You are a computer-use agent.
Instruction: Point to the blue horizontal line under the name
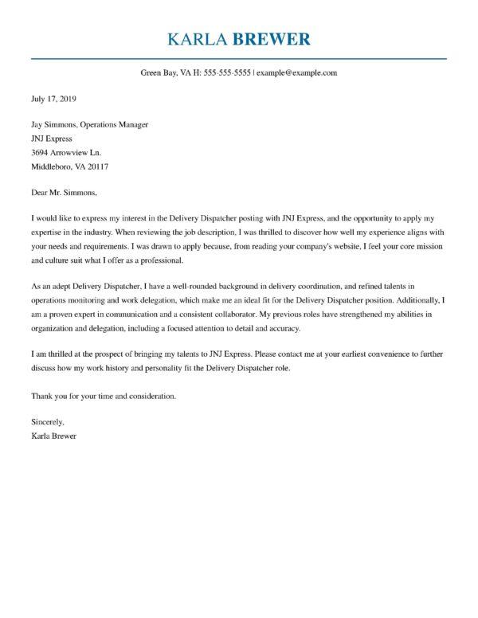coord(239,58)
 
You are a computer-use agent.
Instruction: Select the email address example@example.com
coord(297,72)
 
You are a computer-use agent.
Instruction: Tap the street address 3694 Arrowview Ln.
coord(65,152)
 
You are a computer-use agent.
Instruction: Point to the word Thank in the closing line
coord(42,395)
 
